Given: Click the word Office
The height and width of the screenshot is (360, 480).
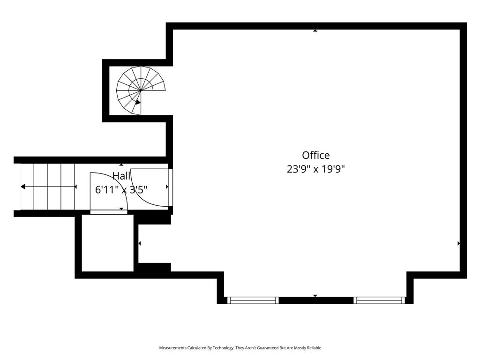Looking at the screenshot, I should click(315, 155).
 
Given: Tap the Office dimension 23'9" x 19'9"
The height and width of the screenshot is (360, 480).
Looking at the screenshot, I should click(315, 169).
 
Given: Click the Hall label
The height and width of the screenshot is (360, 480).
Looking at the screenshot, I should click(121, 176).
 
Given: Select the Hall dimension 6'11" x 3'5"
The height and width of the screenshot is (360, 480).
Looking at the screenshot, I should click(121, 189).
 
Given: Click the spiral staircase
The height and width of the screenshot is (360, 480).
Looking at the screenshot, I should click(140, 90).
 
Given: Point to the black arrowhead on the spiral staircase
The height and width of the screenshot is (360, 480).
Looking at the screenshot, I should click(138, 101).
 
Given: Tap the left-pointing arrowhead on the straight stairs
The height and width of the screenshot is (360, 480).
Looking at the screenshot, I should click(23, 187).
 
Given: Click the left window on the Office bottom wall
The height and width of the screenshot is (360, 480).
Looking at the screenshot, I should click(253, 300).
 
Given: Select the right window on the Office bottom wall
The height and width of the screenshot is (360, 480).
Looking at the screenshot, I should click(379, 300).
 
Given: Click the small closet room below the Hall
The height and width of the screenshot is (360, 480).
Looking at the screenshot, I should click(108, 243).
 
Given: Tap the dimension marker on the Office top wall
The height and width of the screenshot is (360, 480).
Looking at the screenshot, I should click(315, 30).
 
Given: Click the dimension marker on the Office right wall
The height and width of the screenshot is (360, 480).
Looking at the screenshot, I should click(458, 243).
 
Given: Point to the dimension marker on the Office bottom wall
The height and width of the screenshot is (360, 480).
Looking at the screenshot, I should click(315, 296).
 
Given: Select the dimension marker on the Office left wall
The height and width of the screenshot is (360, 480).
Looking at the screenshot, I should click(140, 243).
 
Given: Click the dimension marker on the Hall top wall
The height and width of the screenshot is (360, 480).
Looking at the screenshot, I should click(121, 165).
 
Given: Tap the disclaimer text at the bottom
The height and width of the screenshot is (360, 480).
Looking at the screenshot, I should click(240, 348).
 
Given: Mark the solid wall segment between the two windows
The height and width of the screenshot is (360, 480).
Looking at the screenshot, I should click(316, 300).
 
